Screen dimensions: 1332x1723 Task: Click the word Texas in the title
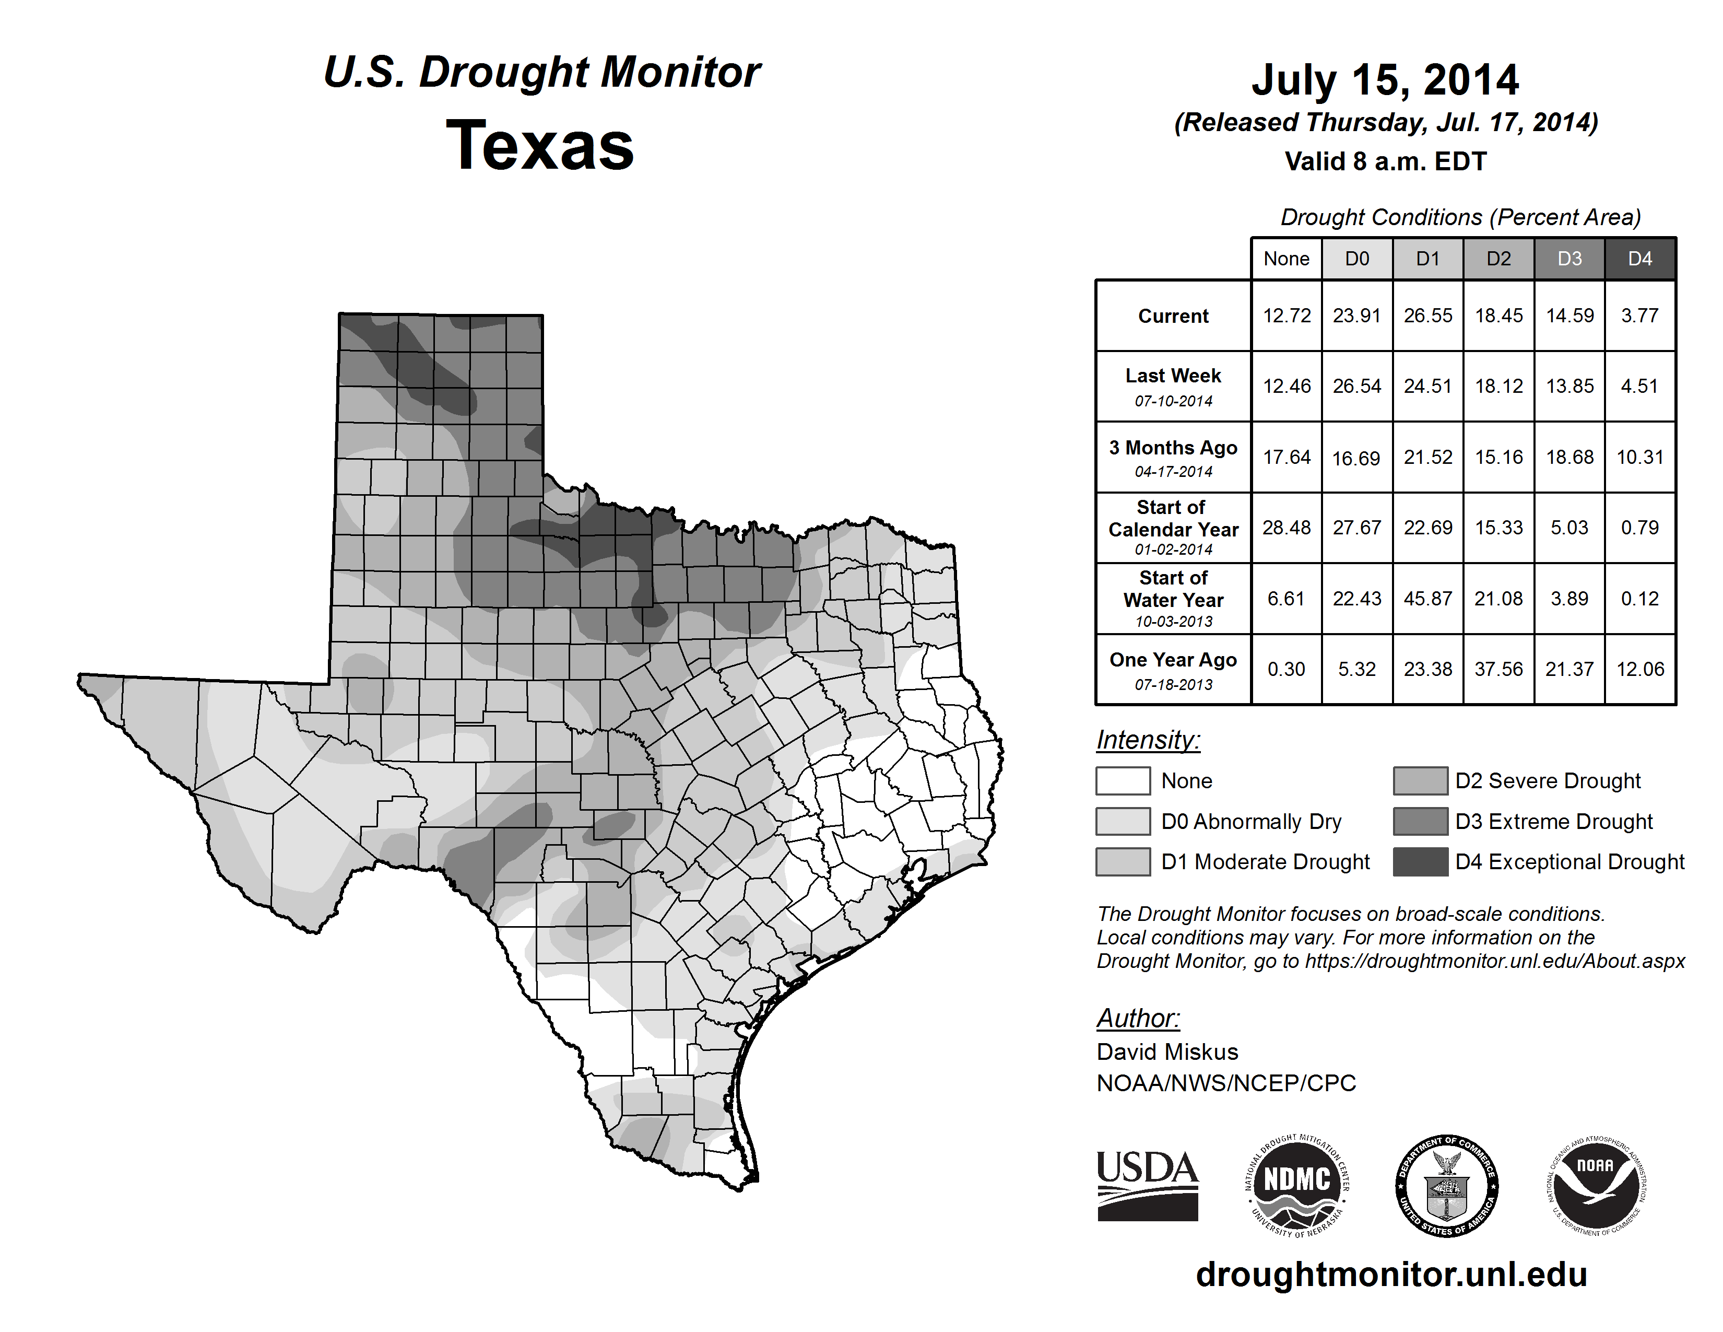pos(540,146)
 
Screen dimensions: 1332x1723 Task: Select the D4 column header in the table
pos(1639,259)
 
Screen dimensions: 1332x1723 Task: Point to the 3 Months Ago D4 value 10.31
pos(1639,457)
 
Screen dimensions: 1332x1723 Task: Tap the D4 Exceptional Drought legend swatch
pos(1420,862)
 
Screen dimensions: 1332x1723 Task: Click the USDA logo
pos(1147,1185)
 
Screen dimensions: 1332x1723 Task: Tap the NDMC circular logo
pos(1297,1185)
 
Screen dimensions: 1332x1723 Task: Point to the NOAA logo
pos(1595,1185)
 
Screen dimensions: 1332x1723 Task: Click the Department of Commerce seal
pos(1446,1185)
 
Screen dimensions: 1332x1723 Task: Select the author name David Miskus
pos(1167,1052)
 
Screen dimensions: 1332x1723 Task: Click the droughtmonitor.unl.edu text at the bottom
pos(1391,1275)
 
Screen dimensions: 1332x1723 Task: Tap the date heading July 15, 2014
pos(1385,80)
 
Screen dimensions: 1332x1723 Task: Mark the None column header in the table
pos(1286,259)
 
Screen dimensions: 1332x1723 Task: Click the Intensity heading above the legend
pos(1148,740)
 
